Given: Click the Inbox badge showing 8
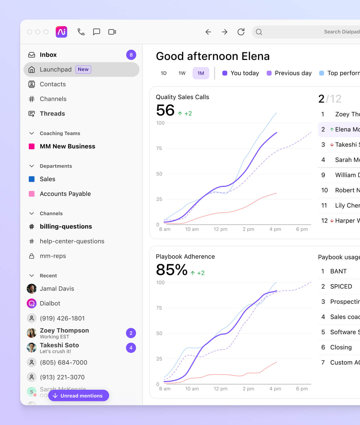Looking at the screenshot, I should [131, 55].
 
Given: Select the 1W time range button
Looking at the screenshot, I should [182, 73].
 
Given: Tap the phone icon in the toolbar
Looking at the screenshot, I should [81, 32].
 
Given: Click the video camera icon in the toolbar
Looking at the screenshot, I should [112, 32].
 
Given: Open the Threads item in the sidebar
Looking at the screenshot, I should [52, 113].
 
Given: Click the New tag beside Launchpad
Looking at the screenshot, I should [83, 69].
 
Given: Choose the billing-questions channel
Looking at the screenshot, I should [66, 226].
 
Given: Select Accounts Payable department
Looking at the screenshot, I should [65, 194].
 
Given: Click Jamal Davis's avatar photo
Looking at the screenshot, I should [32, 288].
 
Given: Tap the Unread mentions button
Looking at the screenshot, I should [78, 396].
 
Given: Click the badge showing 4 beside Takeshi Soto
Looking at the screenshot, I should [131, 348].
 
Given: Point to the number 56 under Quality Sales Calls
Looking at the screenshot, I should [165, 110].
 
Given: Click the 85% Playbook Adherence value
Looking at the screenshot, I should [172, 270].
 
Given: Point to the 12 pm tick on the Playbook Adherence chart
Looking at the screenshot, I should [220, 389].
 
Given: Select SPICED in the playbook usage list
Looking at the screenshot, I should [341, 286].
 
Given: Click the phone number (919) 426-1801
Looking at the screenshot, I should [62, 318].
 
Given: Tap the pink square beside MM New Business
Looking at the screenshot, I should [32, 146].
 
